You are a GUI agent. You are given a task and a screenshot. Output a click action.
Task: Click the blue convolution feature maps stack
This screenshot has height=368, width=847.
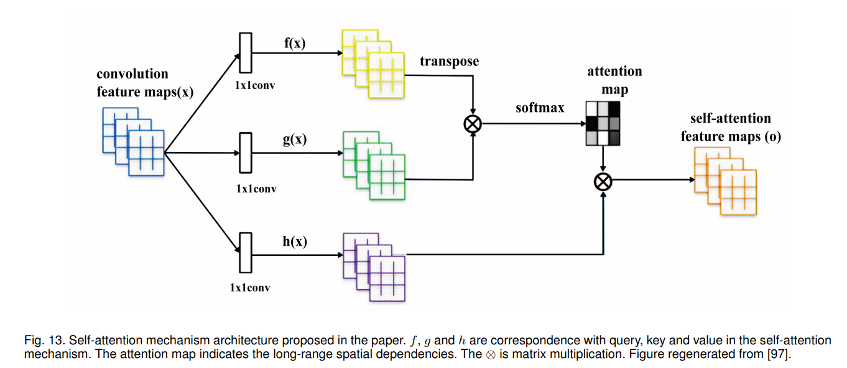tap(133, 141)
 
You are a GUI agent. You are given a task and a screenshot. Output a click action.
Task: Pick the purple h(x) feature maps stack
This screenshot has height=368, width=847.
tap(374, 267)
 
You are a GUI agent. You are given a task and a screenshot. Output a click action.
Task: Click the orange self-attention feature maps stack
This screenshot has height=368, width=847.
tap(725, 181)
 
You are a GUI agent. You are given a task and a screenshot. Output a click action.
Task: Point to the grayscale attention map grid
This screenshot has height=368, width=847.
tap(603, 123)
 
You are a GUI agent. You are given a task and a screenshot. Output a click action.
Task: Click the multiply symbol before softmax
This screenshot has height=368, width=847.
tap(473, 124)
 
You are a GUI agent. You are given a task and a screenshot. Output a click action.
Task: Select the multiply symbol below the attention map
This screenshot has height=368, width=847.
tap(603, 182)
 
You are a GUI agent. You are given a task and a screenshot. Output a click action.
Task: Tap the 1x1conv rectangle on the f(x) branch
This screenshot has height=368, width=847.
tap(245, 54)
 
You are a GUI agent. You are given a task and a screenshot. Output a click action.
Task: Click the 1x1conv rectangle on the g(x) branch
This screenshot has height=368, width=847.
tap(245, 152)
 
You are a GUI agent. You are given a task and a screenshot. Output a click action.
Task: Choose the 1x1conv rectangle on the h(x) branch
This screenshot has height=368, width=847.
tap(245, 252)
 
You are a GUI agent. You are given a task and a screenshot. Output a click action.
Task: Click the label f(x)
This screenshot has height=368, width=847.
tap(295, 44)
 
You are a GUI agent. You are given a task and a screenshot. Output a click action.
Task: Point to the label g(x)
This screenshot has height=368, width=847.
tap(295, 139)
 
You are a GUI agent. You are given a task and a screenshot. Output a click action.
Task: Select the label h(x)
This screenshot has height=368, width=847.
tap(295, 242)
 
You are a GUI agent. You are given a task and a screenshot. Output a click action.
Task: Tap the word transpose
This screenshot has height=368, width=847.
tap(450, 61)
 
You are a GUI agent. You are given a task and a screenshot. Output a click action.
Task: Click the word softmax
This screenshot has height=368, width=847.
tap(540, 108)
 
